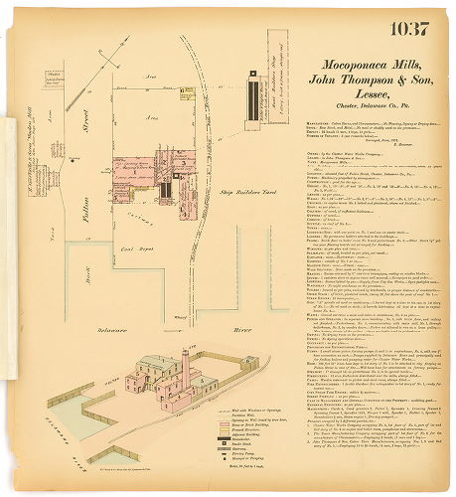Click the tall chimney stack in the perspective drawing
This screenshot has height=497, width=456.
point(185,369)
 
